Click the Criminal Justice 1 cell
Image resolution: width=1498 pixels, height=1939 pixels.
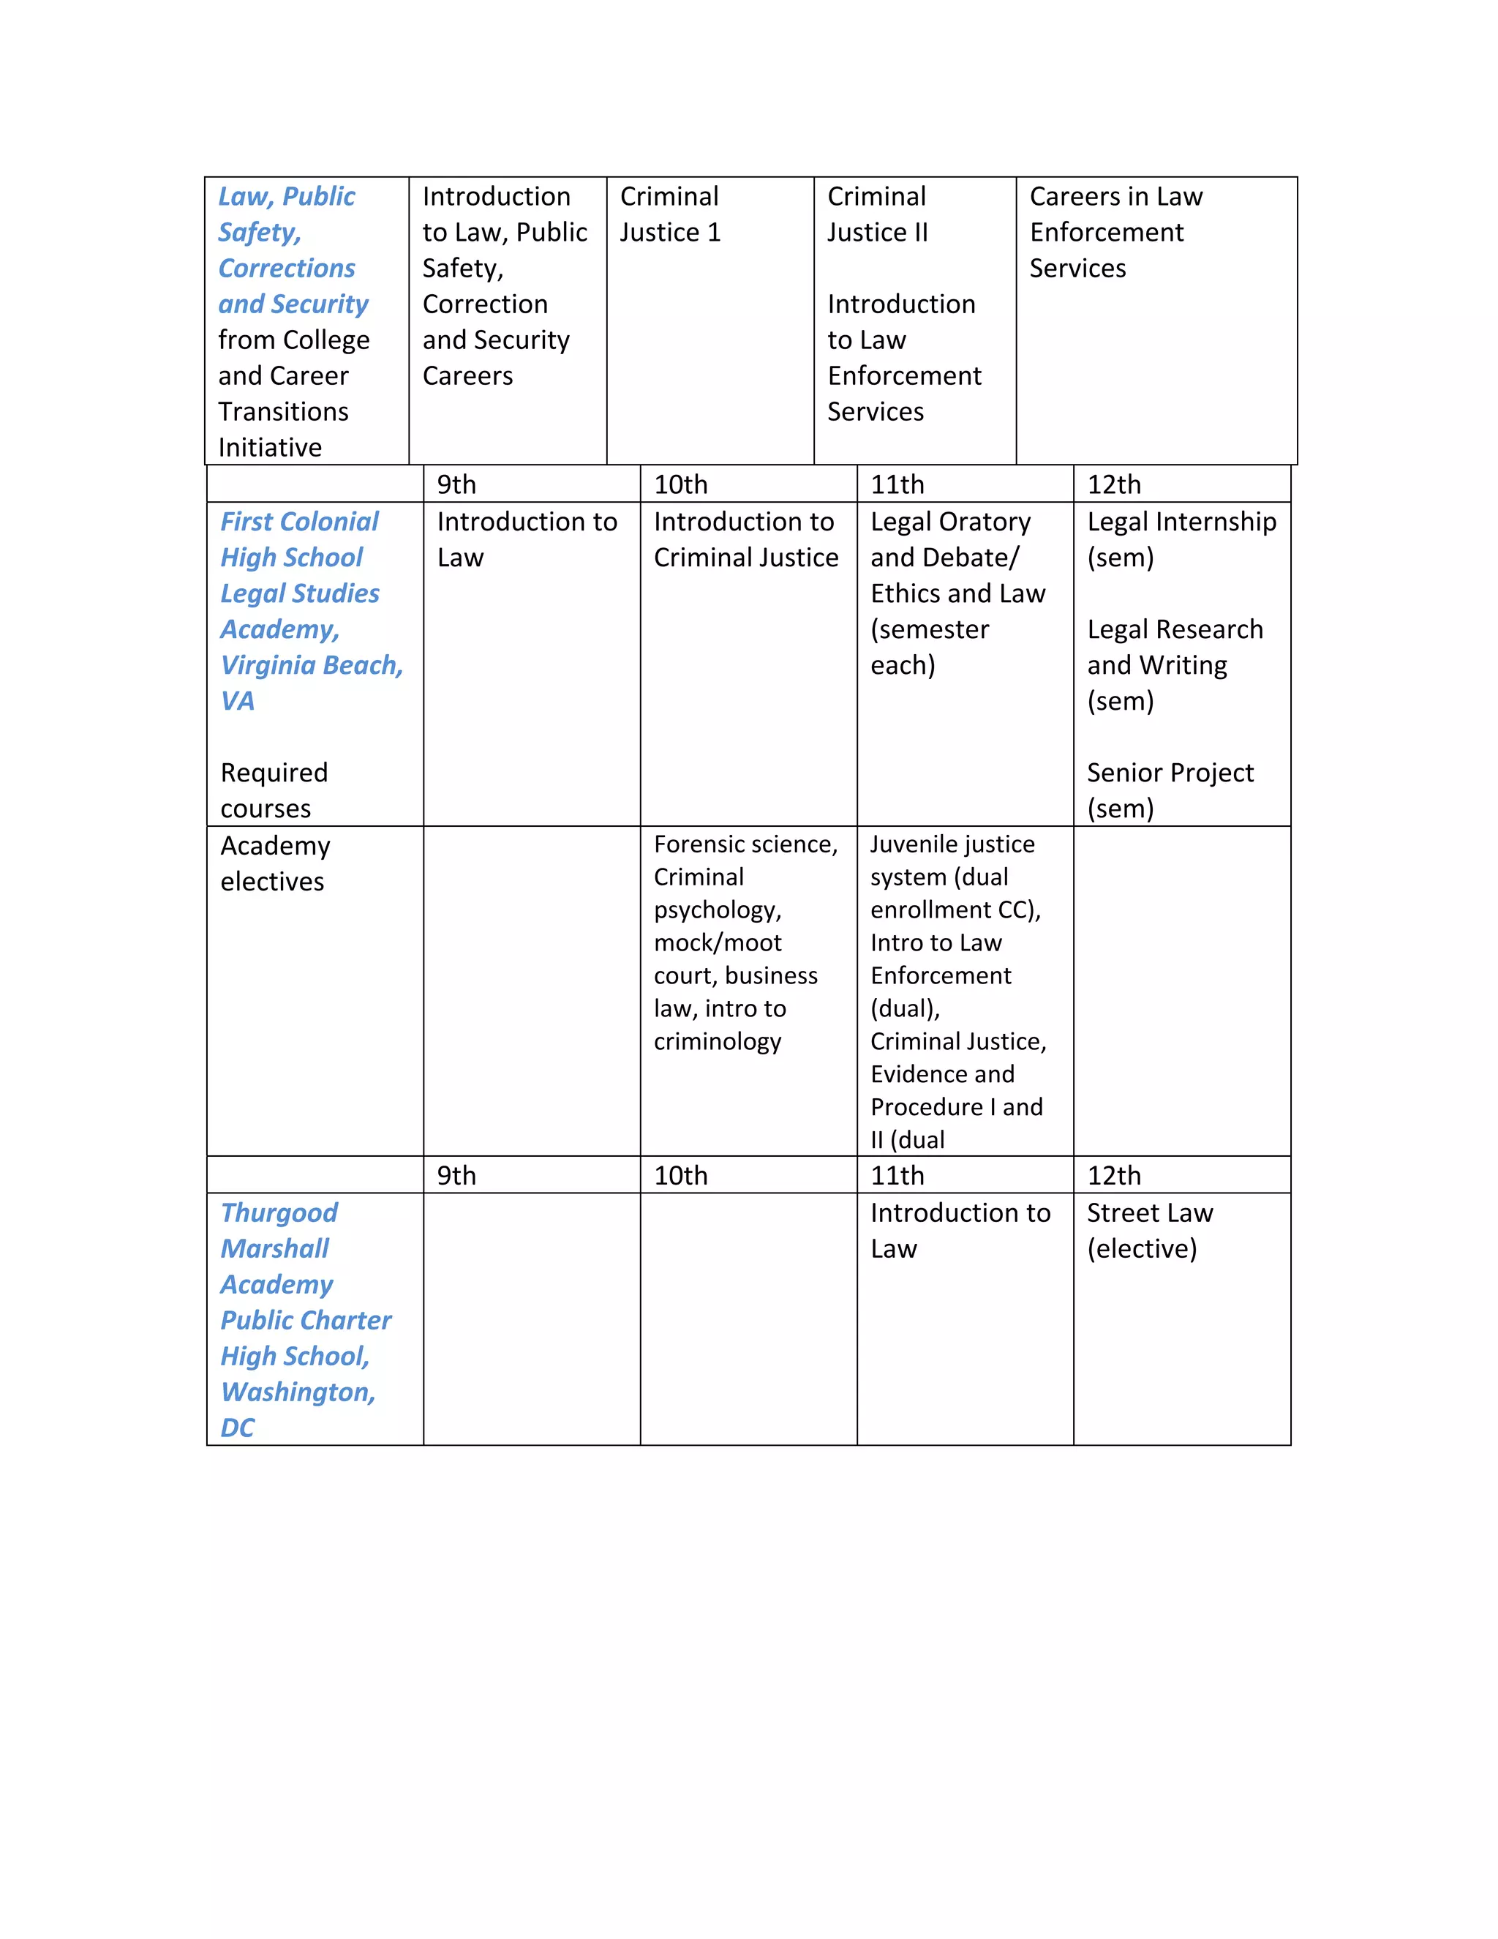670,214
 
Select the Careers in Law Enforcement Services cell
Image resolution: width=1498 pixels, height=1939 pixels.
1115,232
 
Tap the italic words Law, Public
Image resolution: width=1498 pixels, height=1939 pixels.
287,196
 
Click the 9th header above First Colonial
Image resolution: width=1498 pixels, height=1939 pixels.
456,484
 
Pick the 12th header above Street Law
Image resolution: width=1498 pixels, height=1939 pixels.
1114,1176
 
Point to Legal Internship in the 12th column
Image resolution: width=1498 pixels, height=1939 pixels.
1181,522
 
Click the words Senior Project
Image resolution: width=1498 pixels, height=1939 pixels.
1170,773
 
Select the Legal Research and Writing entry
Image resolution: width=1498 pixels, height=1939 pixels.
1174,648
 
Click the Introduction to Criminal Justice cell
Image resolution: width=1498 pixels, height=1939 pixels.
745,539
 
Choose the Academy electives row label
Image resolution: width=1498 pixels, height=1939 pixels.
275,863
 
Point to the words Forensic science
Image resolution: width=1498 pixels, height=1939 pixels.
745,844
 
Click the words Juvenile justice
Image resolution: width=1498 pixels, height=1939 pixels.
952,844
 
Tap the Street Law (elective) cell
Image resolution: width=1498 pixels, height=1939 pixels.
1149,1231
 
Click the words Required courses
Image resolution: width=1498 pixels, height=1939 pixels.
274,790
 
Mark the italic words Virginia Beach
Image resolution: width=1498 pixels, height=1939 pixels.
311,665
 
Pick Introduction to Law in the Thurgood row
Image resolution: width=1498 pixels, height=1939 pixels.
960,1231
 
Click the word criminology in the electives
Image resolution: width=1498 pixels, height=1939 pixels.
717,1041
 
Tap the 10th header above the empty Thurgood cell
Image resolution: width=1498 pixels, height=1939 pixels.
681,1176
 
